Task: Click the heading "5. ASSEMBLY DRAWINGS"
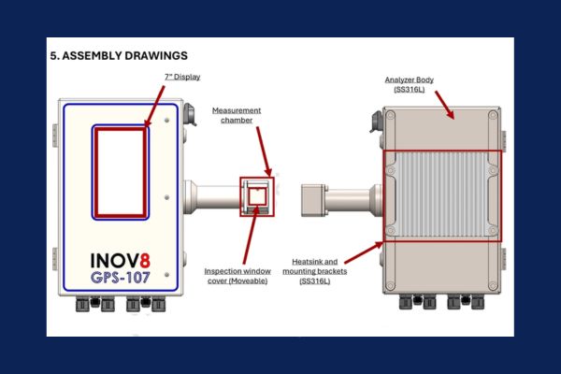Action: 119,56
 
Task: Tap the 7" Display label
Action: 182,77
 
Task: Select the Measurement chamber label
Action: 237,115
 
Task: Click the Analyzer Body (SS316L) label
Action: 410,84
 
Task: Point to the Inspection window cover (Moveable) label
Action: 237,276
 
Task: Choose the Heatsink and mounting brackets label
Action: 315,271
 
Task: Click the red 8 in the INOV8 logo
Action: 145,261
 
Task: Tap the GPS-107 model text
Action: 121,278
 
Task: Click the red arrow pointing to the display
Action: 154,106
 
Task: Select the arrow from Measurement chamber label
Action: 264,151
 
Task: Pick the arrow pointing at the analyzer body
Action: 444,105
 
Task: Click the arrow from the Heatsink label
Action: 364,252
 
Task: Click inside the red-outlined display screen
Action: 121,172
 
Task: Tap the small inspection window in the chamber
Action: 257,196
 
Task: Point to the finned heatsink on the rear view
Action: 442,194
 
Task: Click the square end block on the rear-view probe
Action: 312,200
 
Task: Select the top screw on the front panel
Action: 166,121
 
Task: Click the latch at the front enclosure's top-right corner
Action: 190,114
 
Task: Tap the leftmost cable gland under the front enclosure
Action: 82,305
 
